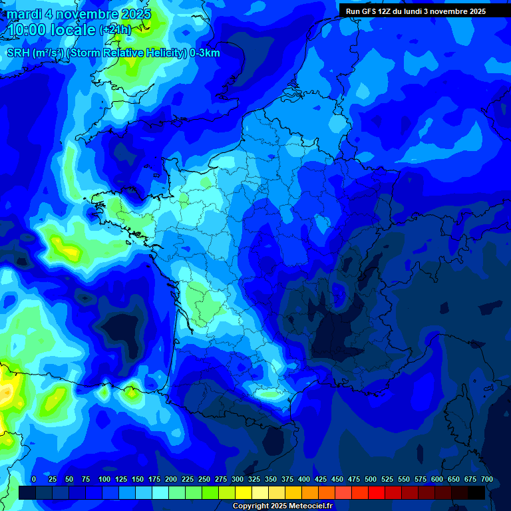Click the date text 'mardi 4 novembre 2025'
click(x=79, y=14)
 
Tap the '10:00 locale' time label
click(x=51, y=30)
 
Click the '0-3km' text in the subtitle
click(x=205, y=53)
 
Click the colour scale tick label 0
click(x=34, y=480)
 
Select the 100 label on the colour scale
click(x=104, y=480)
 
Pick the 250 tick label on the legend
click(x=204, y=480)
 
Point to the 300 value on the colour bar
click(x=238, y=480)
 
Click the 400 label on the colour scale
click(x=304, y=480)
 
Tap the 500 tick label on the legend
click(x=371, y=480)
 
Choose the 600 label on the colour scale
click(x=437, y=480)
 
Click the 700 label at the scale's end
click(x=487, y=480)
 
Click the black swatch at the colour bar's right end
click(x=476, y=492)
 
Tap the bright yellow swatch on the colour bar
click(x=243, y=492)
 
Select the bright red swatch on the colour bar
click(x=376, y=492)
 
